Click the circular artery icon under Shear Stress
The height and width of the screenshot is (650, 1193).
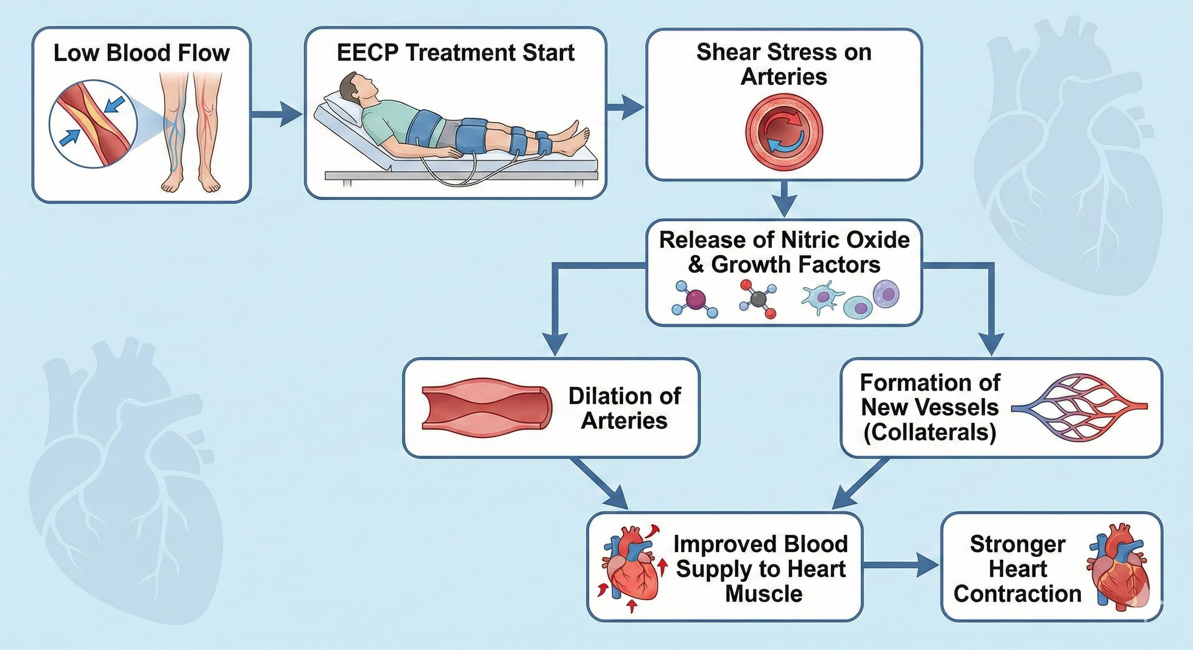pos(784,131)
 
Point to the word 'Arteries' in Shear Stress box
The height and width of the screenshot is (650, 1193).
pos(784,77)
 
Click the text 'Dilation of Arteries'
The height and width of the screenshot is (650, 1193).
pos(624,408)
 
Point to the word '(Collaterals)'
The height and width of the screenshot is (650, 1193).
pos(929,432)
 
